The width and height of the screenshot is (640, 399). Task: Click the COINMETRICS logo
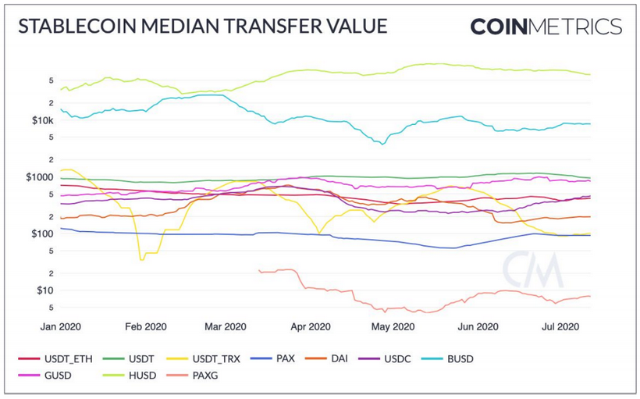546,27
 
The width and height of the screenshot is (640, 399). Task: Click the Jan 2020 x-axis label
60,327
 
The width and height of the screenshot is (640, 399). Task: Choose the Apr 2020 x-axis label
310,327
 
